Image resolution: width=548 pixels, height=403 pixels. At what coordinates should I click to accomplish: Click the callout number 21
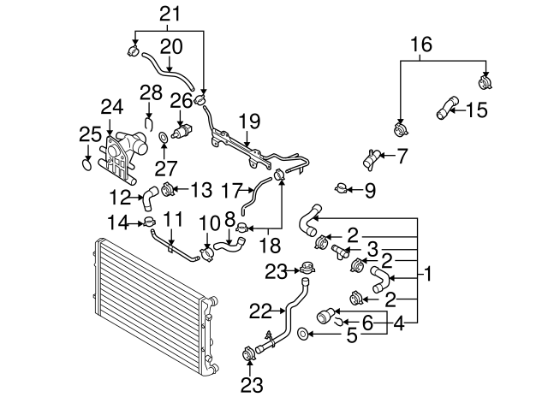point(171,13)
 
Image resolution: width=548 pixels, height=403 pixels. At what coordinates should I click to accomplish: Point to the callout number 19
point(247,121)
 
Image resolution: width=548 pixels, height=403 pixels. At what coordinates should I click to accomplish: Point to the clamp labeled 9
point(341,188)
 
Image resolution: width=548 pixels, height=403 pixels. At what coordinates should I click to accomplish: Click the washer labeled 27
point(163,137)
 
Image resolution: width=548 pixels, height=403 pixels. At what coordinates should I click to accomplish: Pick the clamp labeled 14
point(149,223)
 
